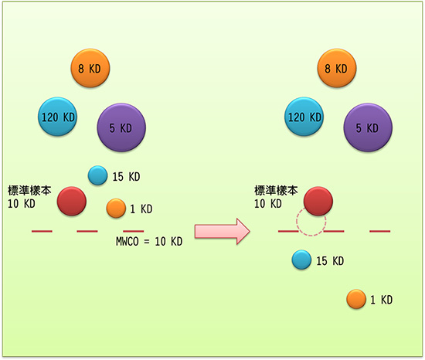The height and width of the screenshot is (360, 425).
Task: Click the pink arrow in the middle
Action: (x=223, y=232)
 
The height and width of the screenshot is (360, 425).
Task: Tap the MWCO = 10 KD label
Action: (x=149, y=241)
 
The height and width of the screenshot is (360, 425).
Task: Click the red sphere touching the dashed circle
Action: (x=318, y=201)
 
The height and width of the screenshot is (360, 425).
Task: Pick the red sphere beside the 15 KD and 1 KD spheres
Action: (x=72, y=201)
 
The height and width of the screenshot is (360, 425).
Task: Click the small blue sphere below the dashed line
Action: (x=301, y=260)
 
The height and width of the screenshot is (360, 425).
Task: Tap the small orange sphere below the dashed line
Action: (x=356, y=299)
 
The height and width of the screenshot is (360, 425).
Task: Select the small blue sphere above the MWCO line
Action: (x=97, y=175)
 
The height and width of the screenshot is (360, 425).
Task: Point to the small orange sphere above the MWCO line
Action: (x=116, y=208)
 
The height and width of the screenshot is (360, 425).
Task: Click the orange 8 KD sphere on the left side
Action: (x=90, y=68)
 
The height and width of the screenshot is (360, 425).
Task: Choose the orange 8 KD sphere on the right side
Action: (x=337, y=68)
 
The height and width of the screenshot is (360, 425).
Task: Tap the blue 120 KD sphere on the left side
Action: (x=57, y=117)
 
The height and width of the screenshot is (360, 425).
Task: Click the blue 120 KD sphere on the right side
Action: (x=304, y=117)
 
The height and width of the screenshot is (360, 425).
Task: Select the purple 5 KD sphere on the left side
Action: (x=121, y=127)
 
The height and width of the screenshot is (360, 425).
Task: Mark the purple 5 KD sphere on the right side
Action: (x=368, y=127)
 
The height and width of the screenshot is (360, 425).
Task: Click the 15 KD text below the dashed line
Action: (x=330, y=261)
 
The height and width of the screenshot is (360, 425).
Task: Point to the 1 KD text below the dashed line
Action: (x=382, y=300)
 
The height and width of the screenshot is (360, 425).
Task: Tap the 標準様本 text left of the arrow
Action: (x=29, y=191)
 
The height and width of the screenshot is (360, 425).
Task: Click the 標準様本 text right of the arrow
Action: (x=276, y=191)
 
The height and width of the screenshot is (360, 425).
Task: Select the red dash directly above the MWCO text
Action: (x=134, y=231)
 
